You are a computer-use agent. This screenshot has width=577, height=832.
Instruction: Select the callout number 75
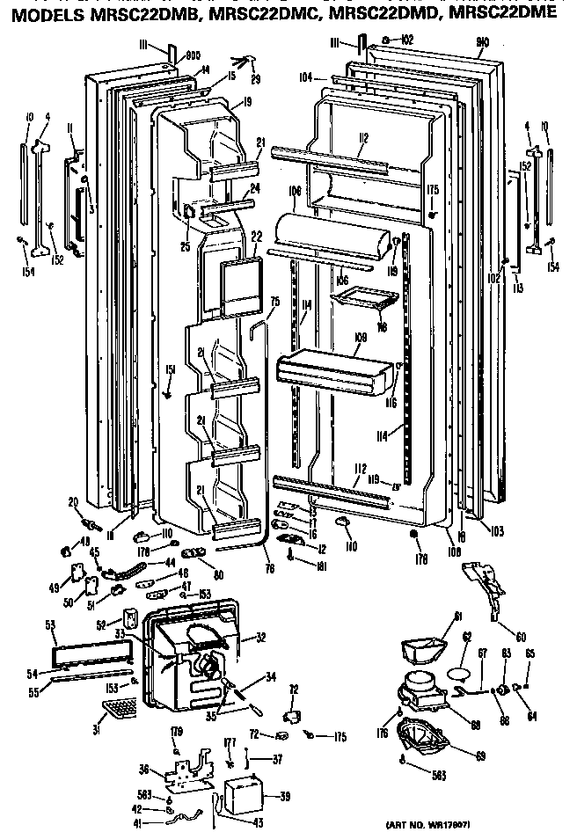274,302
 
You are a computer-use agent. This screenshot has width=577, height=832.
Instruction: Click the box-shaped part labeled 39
244,793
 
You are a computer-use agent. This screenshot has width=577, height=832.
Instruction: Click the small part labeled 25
189,213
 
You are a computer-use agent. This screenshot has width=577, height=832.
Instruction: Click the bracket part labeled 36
188,770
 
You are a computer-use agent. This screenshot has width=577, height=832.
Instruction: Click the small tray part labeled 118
361,298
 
